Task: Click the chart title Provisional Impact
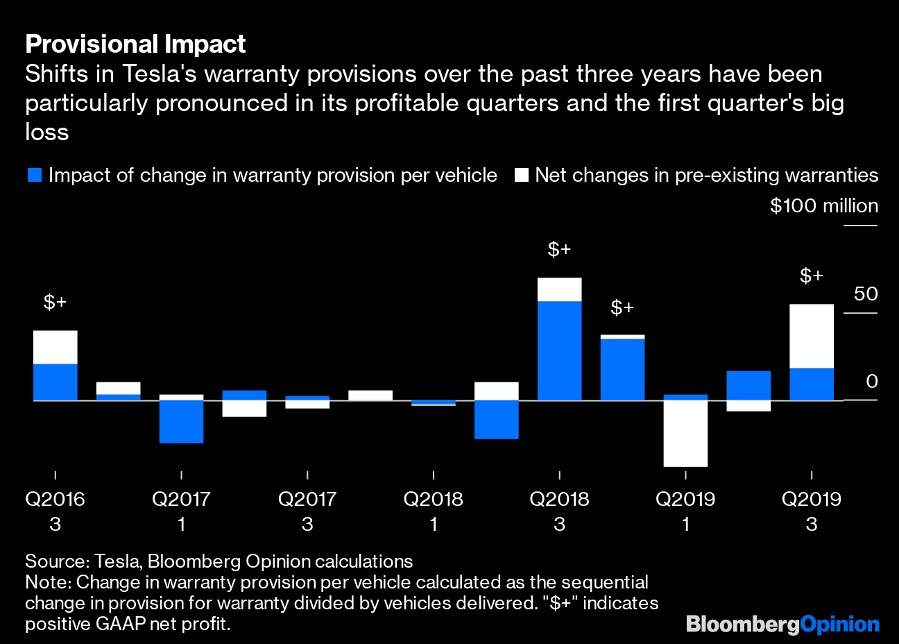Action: pyautogui.click(x=135, y=44)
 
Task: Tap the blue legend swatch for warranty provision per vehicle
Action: pyautogui.click(x=35, y=176)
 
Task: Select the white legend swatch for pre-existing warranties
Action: pyautogui.click(x=522, y=176)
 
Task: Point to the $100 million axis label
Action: pyautogui.click(x=823, y=206)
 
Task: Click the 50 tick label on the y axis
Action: pyautogui.click(x=865, y=294)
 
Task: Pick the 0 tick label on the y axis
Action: pyautogui.click(x=872, y=382)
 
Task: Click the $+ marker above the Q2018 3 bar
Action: pyautogui.click(x=559, y=249)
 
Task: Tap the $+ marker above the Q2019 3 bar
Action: pyautogui.click(x=811, y=276)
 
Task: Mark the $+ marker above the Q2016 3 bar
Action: pyautogui.click(x=55, y=302)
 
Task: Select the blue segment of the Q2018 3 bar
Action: pyautogui.click(x=559, y=350)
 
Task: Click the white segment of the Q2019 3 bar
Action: pyautogui.click(x=811, y=336)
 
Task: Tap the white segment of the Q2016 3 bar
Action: pyautogui.click(x=55, y=347)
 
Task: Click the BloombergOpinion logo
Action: pyautogui.click(x=782, y=624)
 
